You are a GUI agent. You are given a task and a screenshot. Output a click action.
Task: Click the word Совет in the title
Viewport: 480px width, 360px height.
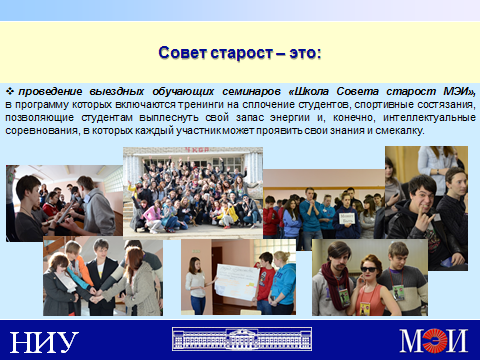tap(182, 53)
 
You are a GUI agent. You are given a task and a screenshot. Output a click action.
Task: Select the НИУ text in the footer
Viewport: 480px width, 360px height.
tap(44, 342)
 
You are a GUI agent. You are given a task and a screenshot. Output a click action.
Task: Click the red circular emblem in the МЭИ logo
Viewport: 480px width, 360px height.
tap(435, 340)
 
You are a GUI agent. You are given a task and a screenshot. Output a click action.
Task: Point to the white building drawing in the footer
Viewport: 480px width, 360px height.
tap(242, 339)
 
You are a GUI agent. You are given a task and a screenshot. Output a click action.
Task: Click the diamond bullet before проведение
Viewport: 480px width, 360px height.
tap(10, 91)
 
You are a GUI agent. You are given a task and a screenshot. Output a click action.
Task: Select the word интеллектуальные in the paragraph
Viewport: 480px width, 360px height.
tap(429, 118)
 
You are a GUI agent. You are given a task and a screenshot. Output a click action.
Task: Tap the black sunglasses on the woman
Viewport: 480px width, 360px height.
tap(368, 270)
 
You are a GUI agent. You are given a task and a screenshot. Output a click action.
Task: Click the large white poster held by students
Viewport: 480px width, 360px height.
tap(237, 282)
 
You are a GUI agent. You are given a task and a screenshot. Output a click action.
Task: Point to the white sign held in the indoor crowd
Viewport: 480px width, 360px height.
tap(347, 219)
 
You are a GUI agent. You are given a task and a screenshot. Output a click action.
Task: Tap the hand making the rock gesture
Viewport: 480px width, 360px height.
tap(425, 219)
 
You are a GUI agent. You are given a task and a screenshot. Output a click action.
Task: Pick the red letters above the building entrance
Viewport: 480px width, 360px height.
tap(197, 150)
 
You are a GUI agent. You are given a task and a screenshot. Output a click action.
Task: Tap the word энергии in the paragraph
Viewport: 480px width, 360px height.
tap(288, 118)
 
